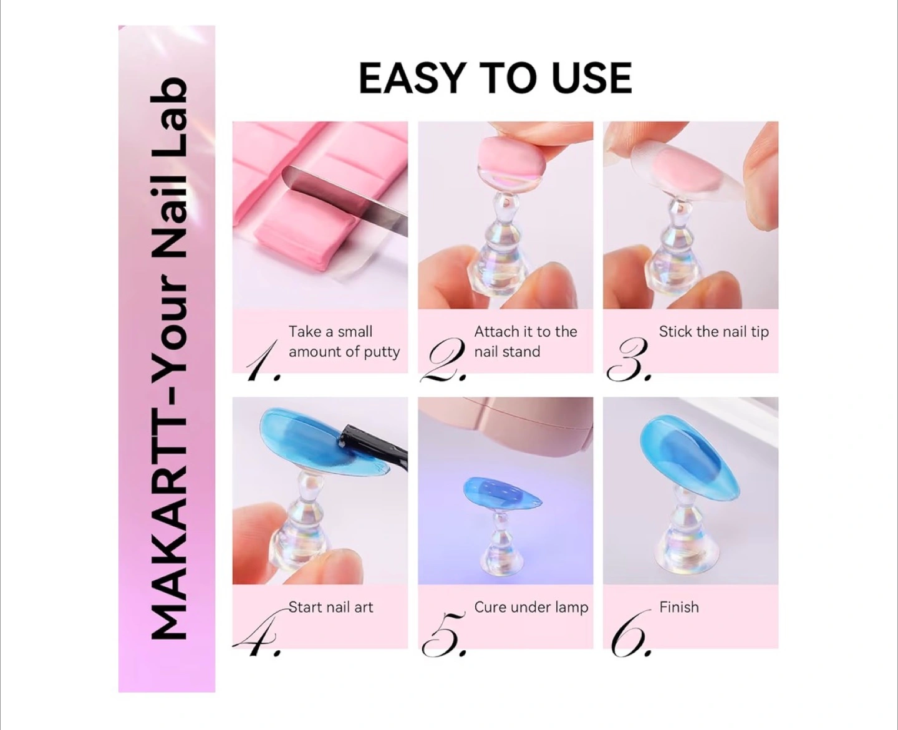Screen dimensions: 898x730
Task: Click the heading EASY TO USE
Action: tap(495, 78)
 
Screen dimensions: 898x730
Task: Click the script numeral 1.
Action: tap(263, 360)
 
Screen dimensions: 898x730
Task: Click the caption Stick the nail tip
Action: tap(714, 332)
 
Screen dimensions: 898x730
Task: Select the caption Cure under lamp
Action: tap(531, 607)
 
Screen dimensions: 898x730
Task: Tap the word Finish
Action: tap(678, 607)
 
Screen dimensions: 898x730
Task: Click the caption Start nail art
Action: tap(331, 607)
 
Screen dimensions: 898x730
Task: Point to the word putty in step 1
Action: tap(382, 352)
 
